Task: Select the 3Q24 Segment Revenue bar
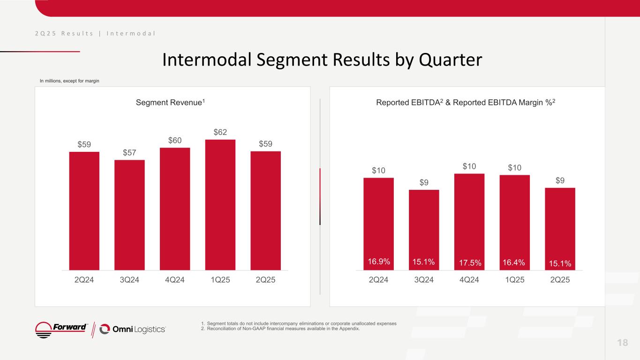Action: click(129, 215)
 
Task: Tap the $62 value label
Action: click(220, 133)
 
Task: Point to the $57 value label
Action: click(129, 153)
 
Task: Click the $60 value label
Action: click(175, 141)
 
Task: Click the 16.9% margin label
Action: click(379, 262)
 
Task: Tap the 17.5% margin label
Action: click(469, 263)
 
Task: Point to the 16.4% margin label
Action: click(514, 262)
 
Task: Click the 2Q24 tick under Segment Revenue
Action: click(84, 280)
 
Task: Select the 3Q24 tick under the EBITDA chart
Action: click(424, 280)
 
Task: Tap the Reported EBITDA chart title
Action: click(467, 103)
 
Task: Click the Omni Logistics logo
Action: click(133, 330)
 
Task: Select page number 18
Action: click(622, 342)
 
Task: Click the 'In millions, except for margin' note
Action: click(69, 81)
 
